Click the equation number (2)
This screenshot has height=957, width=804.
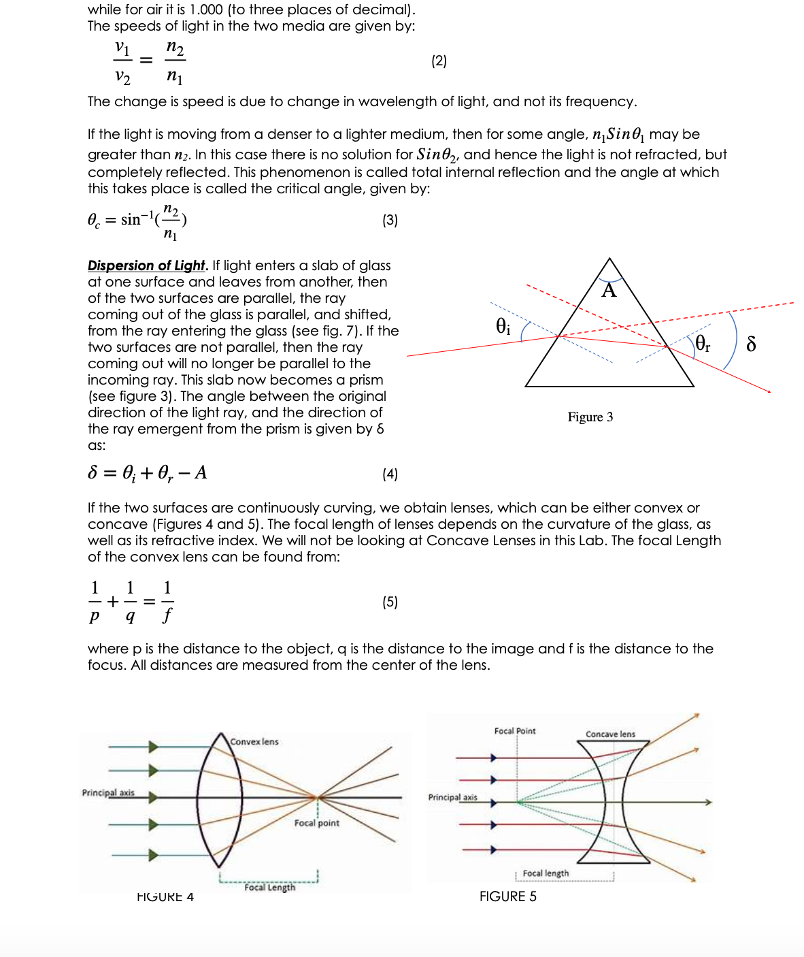coord(439,61)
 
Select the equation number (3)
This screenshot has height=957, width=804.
coord(390,221)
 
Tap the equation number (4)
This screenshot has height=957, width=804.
coord(390,474)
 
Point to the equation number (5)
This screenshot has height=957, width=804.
coord(390,602)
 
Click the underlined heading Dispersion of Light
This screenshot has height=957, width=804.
coord(146,265)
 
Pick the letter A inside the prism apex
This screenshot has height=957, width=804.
coord(609,291)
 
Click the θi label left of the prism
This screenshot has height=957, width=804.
coord(503,326)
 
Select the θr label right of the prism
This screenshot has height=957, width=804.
coord(702,343)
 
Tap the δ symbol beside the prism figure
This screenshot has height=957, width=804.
coord(751,344)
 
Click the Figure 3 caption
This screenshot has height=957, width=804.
coord(590,417)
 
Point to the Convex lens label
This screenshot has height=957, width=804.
coord(254,742)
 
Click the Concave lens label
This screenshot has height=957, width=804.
coord(610,734)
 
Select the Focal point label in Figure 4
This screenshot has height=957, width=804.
coord(316,824)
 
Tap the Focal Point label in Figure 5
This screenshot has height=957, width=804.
coord(515,731)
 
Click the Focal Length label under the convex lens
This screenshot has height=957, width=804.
coord(270,888)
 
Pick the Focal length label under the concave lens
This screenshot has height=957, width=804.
coord(546,873)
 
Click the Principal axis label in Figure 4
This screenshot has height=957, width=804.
coord(108,793)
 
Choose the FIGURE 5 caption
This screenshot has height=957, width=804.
coord(507,897)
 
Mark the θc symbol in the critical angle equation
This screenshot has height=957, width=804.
coord(94,221)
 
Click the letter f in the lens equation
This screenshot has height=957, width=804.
coord(167,616)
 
